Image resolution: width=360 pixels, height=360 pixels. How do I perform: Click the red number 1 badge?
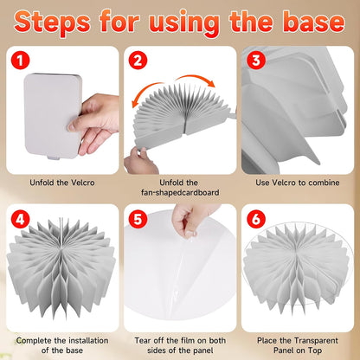click(x=20, y=61)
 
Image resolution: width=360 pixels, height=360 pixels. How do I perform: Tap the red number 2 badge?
click(x=138, y=61)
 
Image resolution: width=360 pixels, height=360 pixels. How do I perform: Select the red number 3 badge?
click(x=256, y=61)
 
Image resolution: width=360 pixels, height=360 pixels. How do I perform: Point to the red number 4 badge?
click(x=20, y=219)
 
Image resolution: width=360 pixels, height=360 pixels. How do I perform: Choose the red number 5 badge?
click(x=138, y=219)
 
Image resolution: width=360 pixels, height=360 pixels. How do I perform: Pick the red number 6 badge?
click(x=256, y=219)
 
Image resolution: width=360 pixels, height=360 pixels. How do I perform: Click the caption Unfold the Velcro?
click(x=62, y=183)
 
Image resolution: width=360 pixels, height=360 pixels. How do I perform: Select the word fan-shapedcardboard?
click(x=180, y=192)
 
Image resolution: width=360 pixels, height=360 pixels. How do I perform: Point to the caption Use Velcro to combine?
click(x=298, y=183)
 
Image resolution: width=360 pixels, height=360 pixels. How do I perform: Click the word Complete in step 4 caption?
click(x=35, y=341)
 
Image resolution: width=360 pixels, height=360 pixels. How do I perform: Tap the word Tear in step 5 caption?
click(x=143, y=341)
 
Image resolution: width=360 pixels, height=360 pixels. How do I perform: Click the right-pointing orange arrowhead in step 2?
click(x=211, y=83)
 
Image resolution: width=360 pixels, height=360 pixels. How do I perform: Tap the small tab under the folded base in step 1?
click(x=54, y=157)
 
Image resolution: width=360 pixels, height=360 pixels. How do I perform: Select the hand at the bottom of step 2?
click(x=141, y=162)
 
